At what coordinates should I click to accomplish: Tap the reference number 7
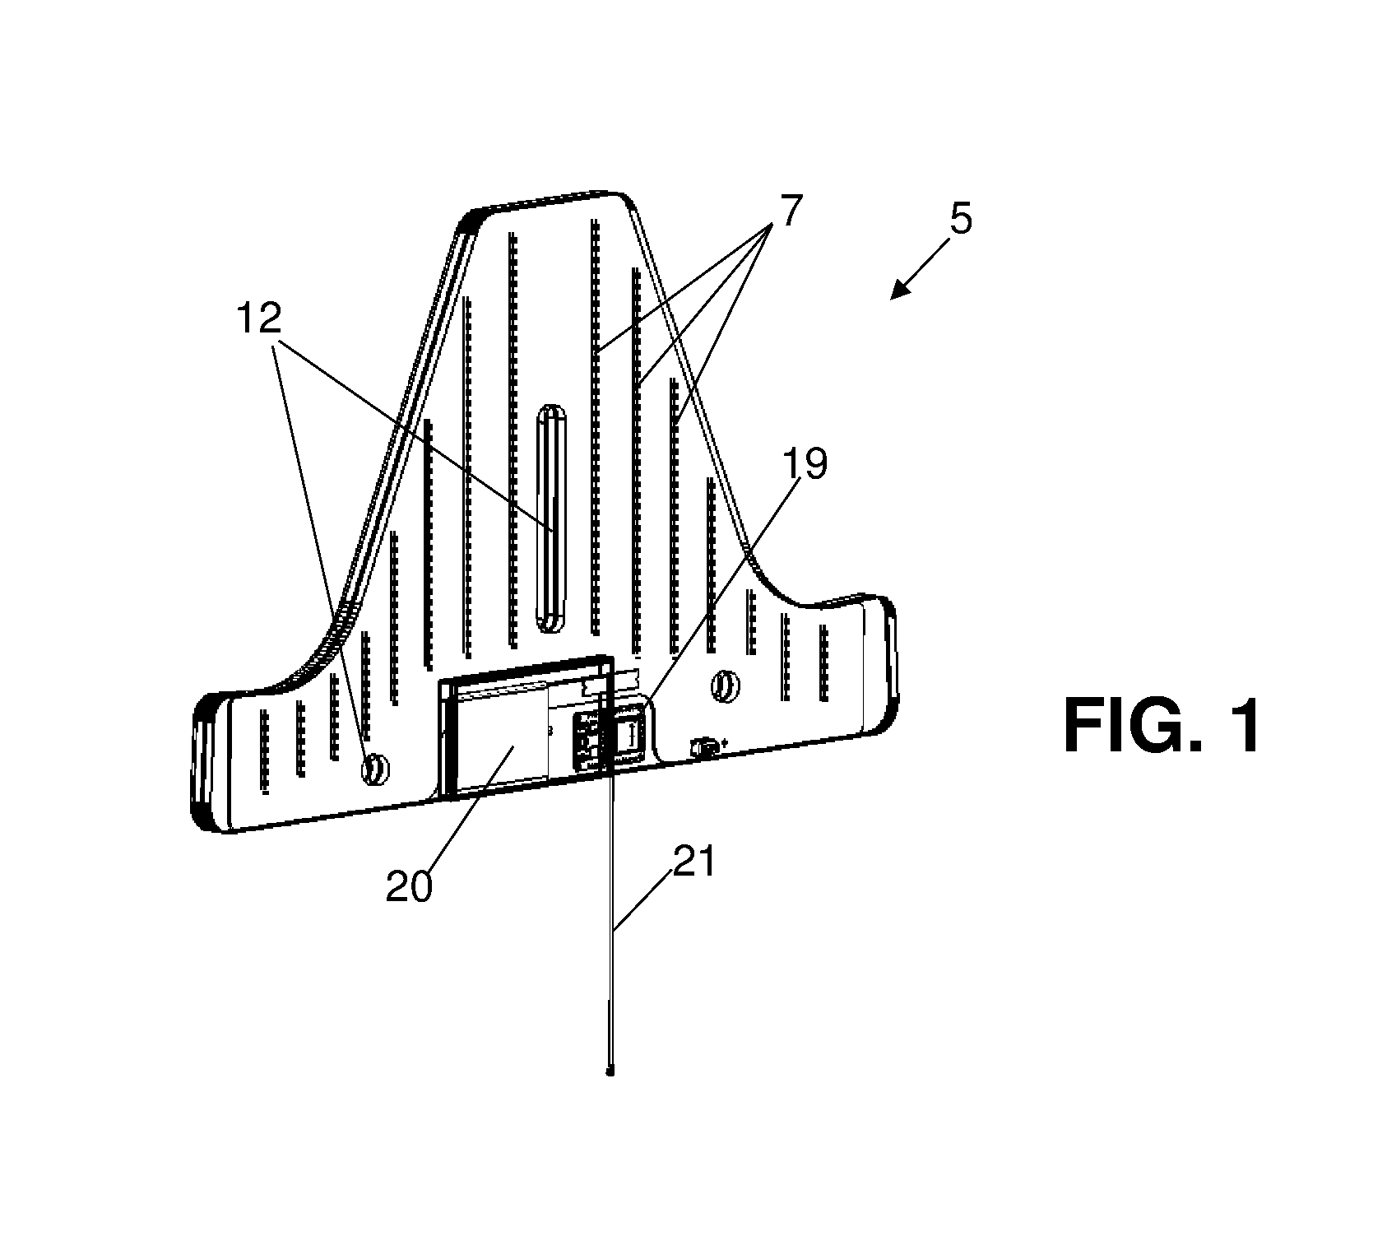pos(789,212)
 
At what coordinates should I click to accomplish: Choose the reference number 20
pos(410,887)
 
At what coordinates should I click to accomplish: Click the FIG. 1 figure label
pos(1161,727)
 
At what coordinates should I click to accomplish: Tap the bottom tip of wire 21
pos(610,1072)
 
